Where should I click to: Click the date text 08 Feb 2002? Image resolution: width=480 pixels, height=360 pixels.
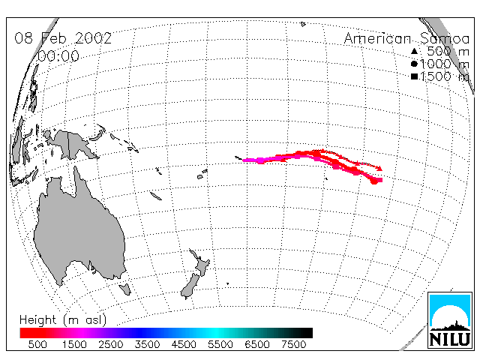point(63,38)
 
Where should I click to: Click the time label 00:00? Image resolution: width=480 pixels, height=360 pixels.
point(58,56)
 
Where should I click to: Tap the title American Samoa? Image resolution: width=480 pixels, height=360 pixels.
point(406,38)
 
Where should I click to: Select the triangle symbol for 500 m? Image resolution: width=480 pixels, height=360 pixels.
point(414,51)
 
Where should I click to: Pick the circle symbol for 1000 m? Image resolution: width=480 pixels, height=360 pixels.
point(414,64)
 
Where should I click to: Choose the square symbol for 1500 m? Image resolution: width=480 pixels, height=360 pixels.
point(414,76)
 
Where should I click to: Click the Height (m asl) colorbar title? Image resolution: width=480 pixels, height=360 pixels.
point(63,320)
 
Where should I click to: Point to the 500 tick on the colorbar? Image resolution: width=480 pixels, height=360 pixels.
point(37,344)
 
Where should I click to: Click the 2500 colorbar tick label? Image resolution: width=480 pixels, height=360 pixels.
point(110,344)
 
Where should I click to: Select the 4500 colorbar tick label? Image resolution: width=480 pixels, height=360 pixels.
point(184,344)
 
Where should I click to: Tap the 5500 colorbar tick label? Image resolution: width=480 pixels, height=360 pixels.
point(220,344)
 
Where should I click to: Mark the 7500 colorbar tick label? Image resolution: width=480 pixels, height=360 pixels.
point(293,344)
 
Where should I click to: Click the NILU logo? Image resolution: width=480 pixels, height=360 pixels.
point(450,320)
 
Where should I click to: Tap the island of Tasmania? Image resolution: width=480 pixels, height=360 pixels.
point(125,289)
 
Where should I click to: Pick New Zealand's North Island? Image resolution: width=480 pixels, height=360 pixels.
point(201,263)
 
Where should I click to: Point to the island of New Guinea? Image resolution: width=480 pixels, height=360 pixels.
point(73,143)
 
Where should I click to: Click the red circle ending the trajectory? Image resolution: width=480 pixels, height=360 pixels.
point(373,181)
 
